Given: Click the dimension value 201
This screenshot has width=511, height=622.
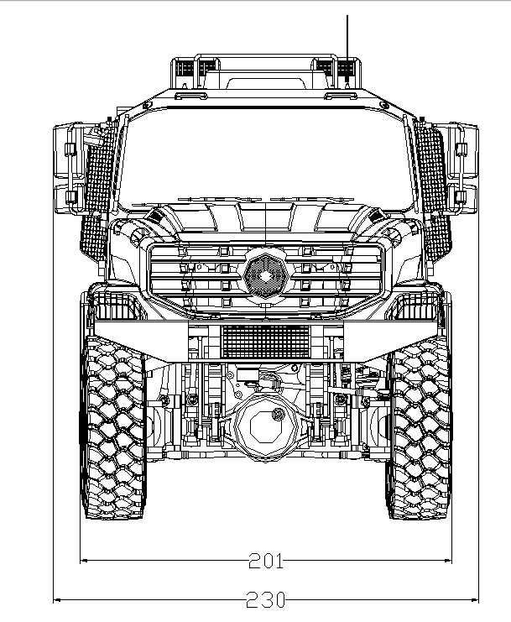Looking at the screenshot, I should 265,561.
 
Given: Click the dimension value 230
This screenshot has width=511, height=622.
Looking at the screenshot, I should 265,600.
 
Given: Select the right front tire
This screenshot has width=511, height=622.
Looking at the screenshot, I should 419,428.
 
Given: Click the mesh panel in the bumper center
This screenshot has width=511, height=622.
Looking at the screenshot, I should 265,340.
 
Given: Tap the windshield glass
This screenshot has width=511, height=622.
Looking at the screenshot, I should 265,159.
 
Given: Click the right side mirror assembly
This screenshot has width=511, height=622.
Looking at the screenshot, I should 462,166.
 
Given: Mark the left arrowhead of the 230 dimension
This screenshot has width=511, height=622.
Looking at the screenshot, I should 56,599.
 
